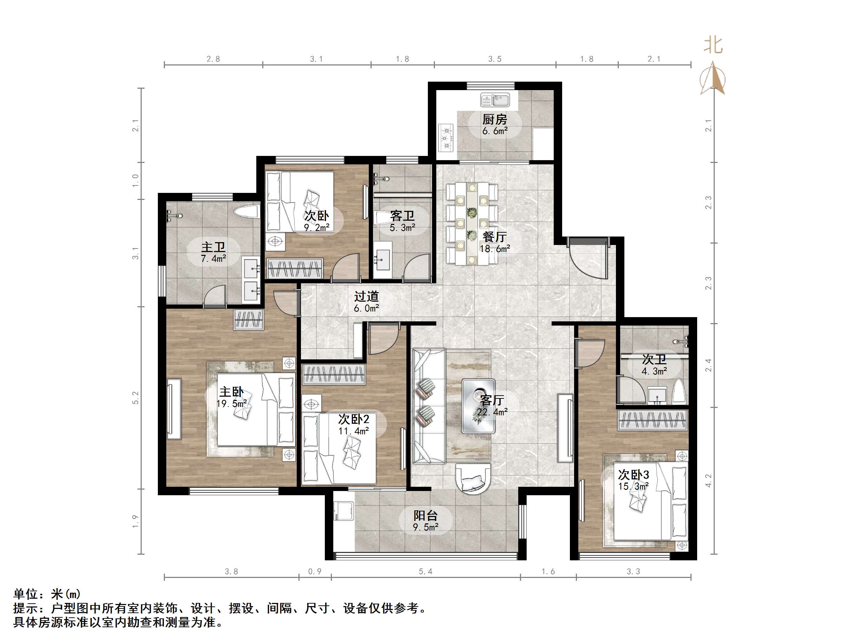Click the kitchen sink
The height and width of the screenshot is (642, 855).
495,100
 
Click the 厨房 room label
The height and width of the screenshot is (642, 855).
494,119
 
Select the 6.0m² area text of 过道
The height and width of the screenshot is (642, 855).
366,308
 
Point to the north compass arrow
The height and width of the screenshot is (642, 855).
713,80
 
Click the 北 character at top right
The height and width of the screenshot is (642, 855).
713,45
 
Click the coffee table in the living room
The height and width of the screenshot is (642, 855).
478,405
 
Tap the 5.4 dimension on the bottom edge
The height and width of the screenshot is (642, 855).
426,572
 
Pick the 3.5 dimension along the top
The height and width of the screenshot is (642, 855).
495,59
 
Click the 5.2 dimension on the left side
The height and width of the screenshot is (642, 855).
135,398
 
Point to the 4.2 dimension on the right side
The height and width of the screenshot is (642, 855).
708,481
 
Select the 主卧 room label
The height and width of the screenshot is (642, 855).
232,392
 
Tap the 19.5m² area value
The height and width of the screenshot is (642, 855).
232,404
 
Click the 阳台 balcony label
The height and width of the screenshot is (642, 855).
426,515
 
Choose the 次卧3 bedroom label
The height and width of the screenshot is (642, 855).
634,474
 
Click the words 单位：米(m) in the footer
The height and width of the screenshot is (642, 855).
47,594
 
